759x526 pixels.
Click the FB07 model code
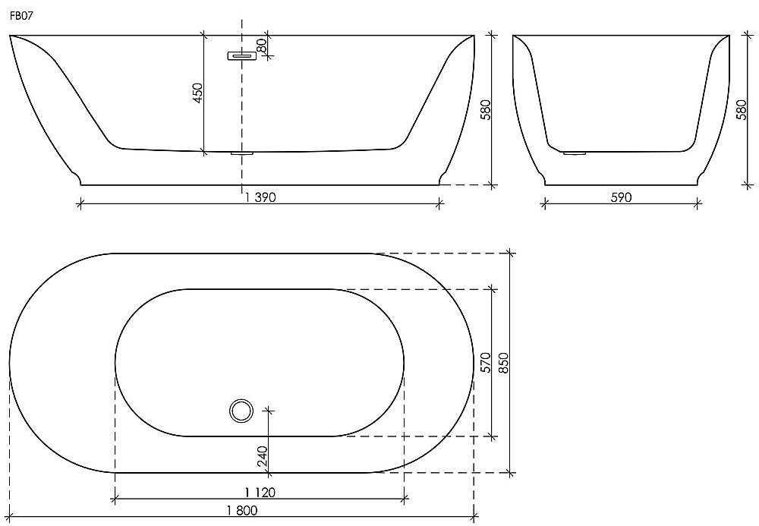pos(20,15)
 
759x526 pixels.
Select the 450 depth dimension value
pos(197,93)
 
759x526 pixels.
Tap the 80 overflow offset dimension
pos(261,46)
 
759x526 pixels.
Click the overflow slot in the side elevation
pos(241,55)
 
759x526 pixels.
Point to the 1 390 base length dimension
pos(260,197)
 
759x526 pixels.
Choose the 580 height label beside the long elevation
pos(486,110)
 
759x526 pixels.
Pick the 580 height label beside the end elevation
pos(741,110)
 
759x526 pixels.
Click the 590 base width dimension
pos(621,197)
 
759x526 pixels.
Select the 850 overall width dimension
pos(503,363)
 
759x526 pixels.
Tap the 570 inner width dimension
pos(486,363)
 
